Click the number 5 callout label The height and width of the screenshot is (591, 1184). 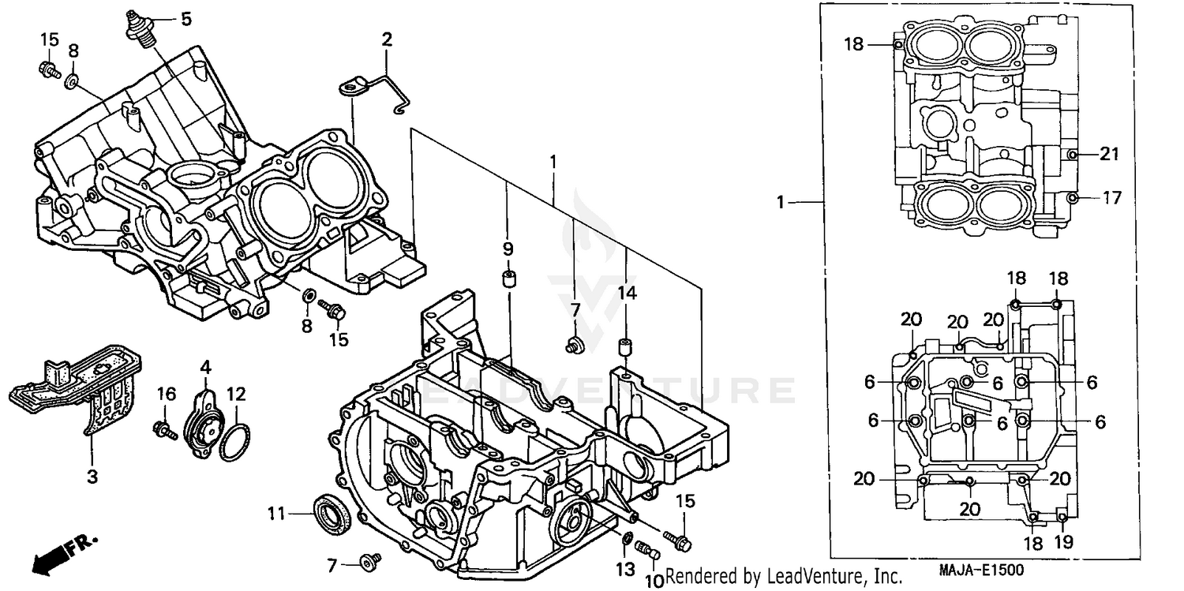185,18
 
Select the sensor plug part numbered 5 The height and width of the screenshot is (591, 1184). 139,30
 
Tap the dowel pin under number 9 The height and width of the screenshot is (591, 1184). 509,281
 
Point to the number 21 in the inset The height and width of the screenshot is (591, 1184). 1110,155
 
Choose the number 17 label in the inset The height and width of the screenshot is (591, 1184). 1111,198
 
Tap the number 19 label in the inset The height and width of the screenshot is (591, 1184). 1065,544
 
